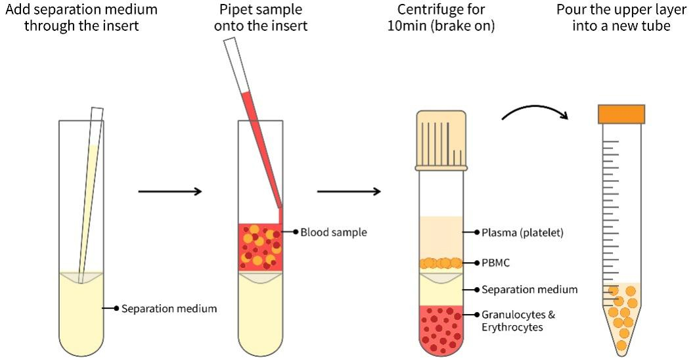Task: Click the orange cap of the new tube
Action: point(621,114)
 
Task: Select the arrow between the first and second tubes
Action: point(169,192)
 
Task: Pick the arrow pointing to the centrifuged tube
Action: point(348,192)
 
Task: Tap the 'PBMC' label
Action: point(496,262)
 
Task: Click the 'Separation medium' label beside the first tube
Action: point(169,307)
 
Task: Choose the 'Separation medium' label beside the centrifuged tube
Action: point(529,289)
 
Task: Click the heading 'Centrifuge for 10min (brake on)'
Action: point(441,19)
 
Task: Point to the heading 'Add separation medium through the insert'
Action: point(82,19)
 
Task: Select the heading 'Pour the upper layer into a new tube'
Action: point(621,19)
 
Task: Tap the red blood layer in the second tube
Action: point(260,246)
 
